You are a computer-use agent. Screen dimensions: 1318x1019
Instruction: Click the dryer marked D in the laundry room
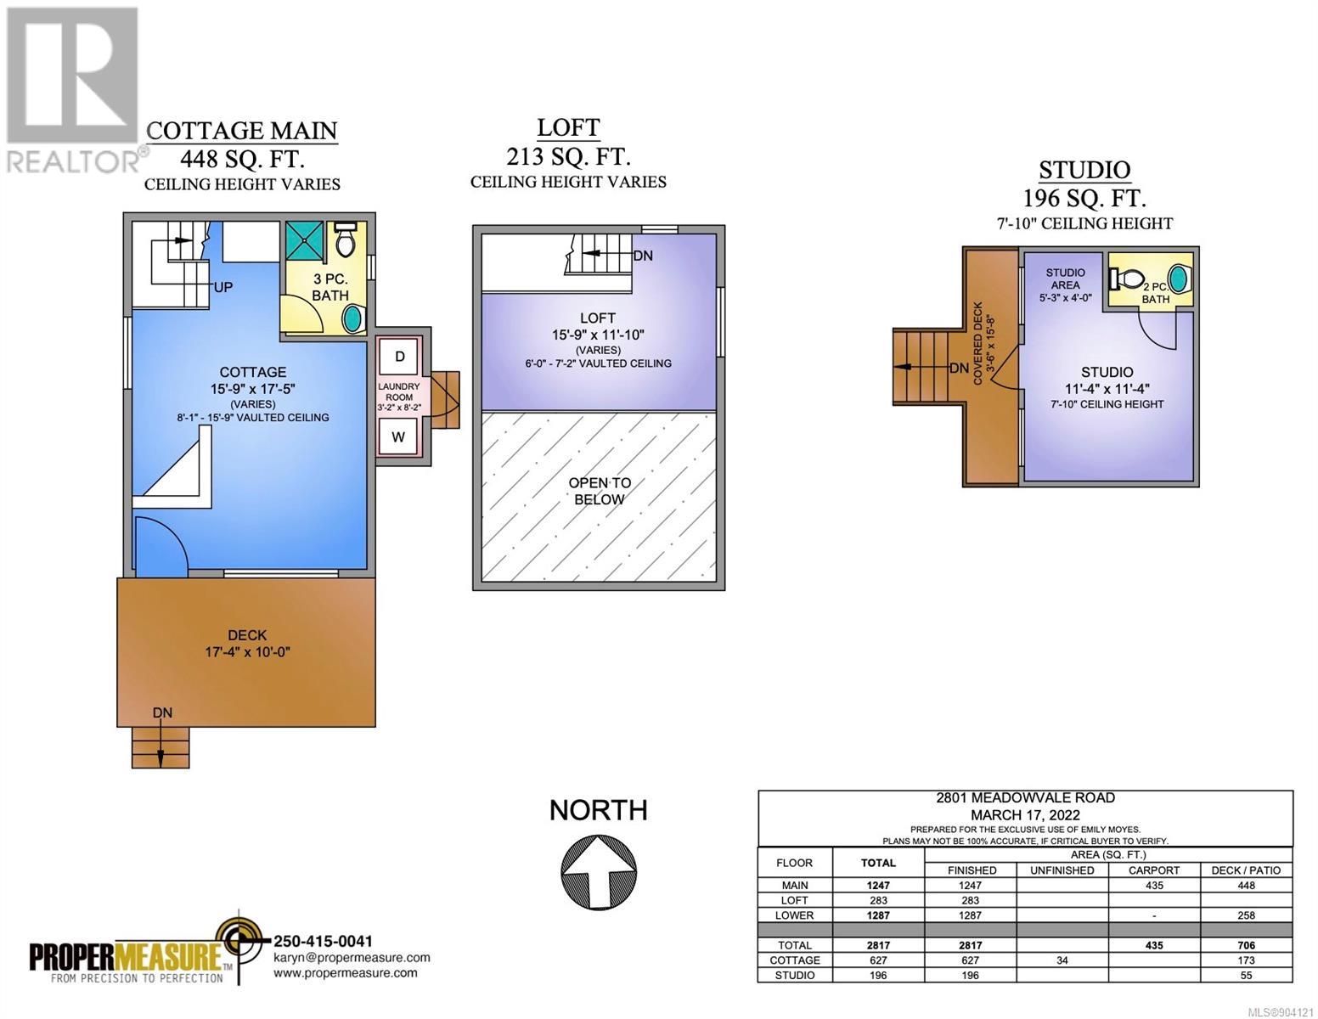(x=399, y=357)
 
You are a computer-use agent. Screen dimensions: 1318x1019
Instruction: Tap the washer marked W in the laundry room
(x=398, y=437)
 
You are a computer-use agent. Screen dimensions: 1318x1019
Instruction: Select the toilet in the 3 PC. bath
(x=345, y=240)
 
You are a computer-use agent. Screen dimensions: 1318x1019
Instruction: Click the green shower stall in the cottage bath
(x=305, y=240)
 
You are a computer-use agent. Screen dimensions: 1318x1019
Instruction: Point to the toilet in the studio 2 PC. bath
(x=1126, y=279)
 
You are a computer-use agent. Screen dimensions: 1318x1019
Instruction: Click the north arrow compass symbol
(x=598, y=872)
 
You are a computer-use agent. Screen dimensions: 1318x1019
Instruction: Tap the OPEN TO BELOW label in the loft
(x=600, y=491)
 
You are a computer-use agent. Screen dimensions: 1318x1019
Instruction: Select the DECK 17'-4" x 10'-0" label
(x=247, y=643)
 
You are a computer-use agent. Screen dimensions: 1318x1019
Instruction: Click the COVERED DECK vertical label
(x=977, y=344)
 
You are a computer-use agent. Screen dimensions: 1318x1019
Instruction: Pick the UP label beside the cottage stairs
(x=222, y=287)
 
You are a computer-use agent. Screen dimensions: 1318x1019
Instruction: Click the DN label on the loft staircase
(x=643, y=256)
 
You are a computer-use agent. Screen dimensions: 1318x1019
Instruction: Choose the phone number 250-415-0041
(x=323, y=941)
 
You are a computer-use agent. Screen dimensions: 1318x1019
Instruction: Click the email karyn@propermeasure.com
(x=352, y=957)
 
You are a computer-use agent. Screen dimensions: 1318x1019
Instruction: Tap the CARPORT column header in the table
(x=1153, y=870)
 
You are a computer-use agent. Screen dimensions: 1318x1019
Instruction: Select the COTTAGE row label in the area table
(x=795, y=960)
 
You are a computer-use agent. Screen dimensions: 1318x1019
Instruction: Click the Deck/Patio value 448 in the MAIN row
(x=1246, y=886)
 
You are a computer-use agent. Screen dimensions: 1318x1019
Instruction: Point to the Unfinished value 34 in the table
(x=1062, y=960)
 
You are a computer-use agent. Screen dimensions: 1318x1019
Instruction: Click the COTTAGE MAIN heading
(x=242, y=131)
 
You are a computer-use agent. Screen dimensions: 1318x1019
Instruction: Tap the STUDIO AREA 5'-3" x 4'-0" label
(x=1065, y=285)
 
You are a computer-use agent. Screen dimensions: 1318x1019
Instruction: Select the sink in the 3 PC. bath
(x=353, y=318)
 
